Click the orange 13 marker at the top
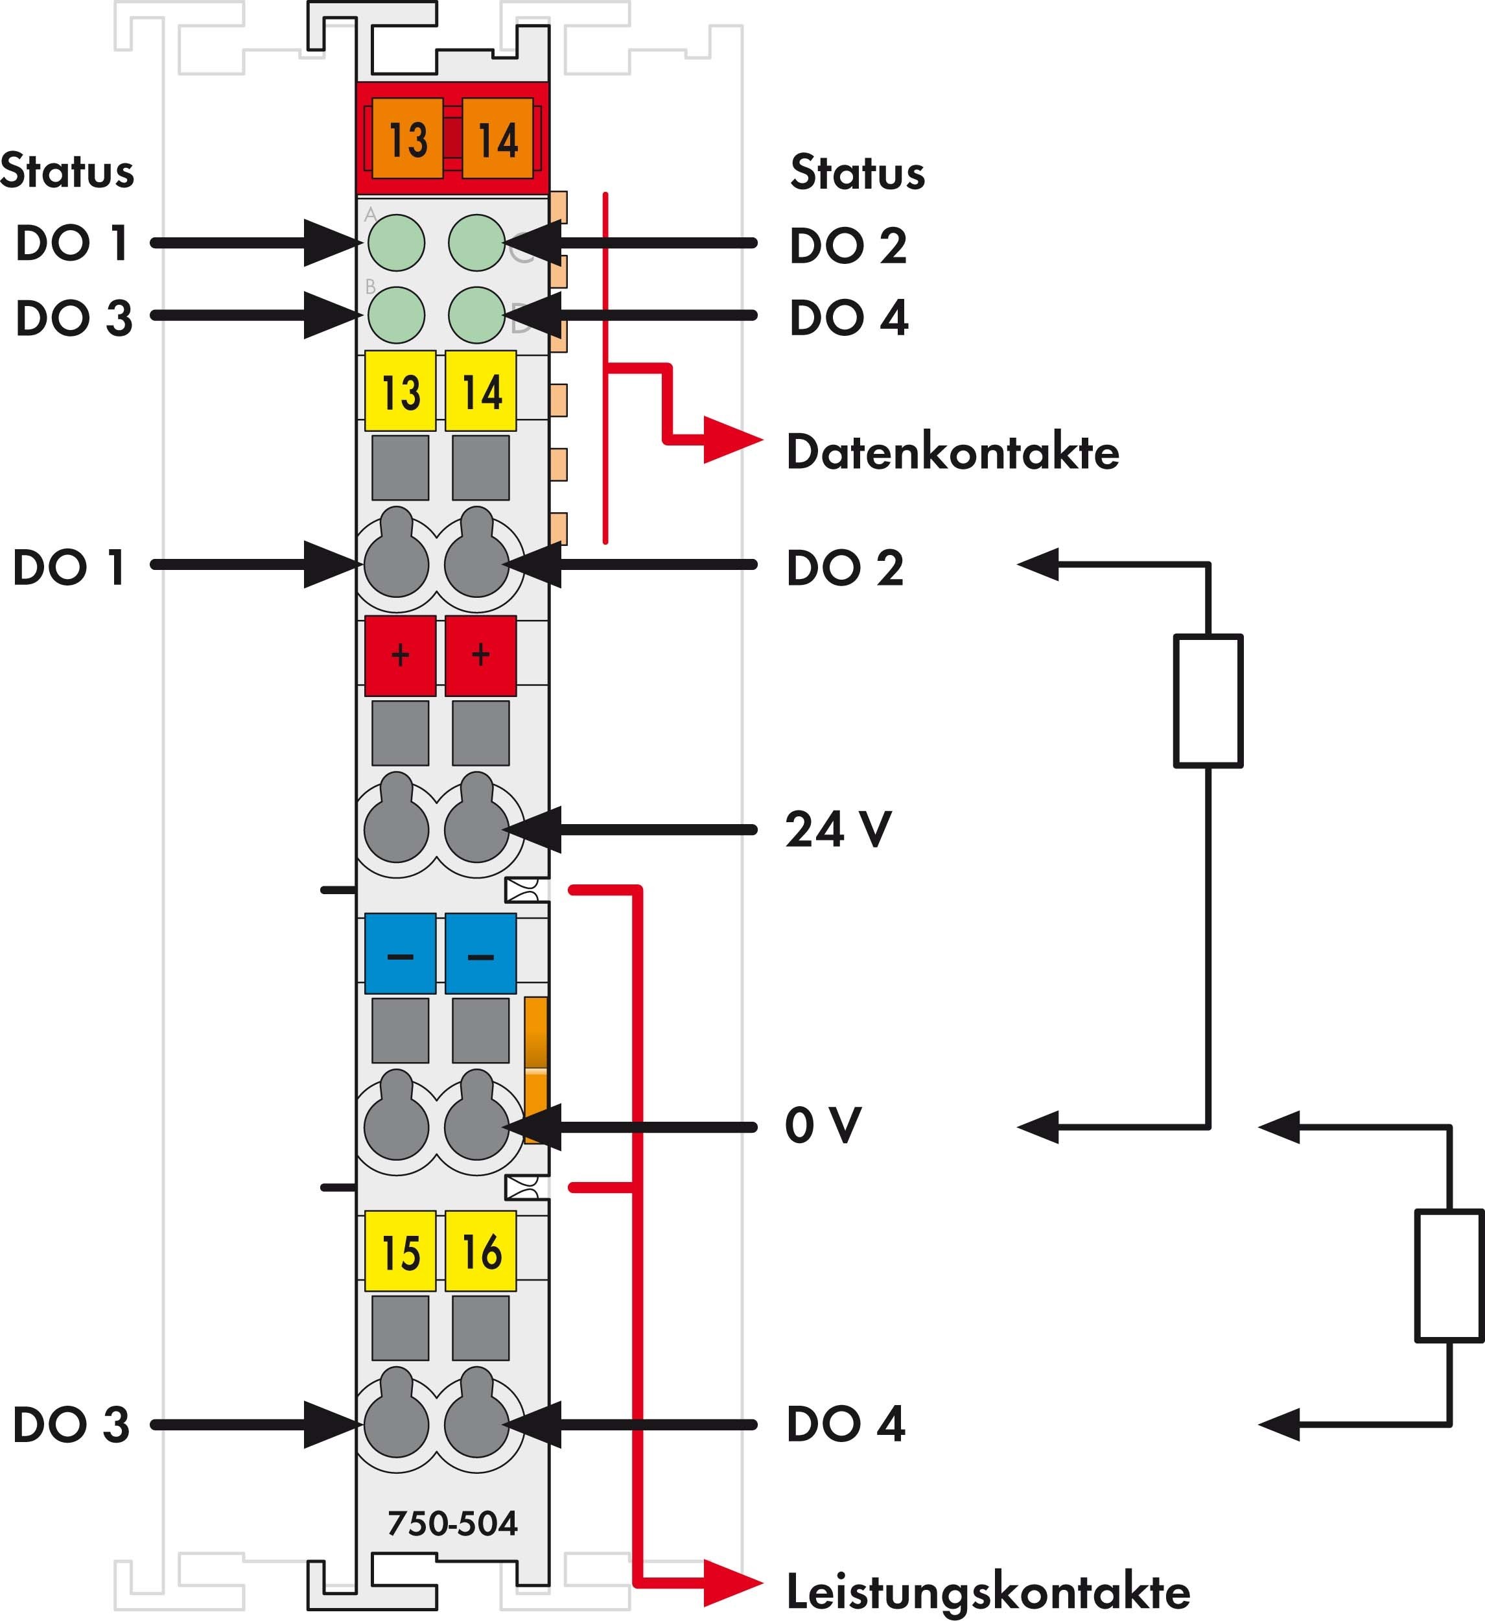click(x=408, y=138)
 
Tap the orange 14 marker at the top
click(x=498, y=138)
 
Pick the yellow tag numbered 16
click(x=481, y=1251)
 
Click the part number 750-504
click(x=452, y=1523)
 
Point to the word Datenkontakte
click(x=953, y=452)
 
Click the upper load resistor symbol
click(x=1208, y=700)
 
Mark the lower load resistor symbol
click(x=1449, y=1275)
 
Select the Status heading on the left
click(x=67, y=171)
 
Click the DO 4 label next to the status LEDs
click(x=849, y=318)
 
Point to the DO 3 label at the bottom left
click(x=71, y=1425)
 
